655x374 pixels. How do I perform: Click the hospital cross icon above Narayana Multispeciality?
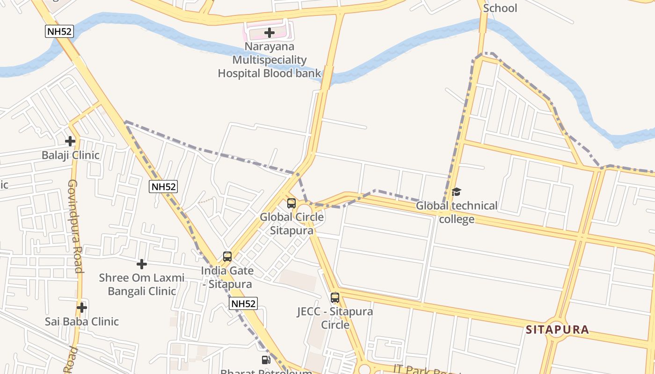point(269,33)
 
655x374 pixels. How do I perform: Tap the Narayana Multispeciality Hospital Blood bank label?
point(269,60)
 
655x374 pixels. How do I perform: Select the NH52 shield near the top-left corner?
point(59,31)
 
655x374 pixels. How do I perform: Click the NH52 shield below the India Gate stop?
point(243,303)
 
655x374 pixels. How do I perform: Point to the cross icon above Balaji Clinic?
point(70,141)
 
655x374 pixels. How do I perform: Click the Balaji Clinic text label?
point(71,155)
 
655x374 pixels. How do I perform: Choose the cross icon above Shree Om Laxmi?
point(142,264)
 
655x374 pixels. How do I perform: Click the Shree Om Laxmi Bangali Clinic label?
point(142,284)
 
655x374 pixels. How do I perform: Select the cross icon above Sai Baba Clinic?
point(82,307)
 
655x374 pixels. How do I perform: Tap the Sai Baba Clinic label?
point(82,322)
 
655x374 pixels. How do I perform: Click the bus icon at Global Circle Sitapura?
point(291,203)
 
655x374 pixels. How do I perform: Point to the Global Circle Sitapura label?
point(292,224)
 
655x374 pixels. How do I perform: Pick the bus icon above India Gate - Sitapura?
point(227,257)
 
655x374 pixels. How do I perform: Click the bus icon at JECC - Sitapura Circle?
point(335,298)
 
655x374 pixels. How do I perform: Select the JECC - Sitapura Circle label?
point(335,318)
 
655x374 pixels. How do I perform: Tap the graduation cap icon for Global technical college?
point(457,192)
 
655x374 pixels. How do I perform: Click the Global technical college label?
point(457,212)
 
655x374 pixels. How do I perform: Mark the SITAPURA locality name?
point(557,330)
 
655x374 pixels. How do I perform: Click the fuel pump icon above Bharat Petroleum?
point(266,360)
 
